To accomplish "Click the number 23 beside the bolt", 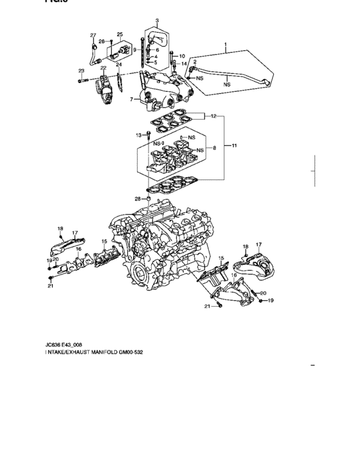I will click(x=82, y=71).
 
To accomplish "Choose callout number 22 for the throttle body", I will click(x=103, y=68).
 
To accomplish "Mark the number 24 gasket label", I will click(x=118, y=65).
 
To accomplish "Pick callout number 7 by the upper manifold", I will click(x=131, y=99).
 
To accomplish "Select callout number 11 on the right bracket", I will click(x=234, y=146).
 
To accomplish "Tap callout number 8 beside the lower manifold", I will click(x=215, y=149).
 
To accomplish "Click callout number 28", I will click(x=138, y=199).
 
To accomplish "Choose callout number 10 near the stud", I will click(x=181, y=56).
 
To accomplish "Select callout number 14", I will click(x=184, y=64).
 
